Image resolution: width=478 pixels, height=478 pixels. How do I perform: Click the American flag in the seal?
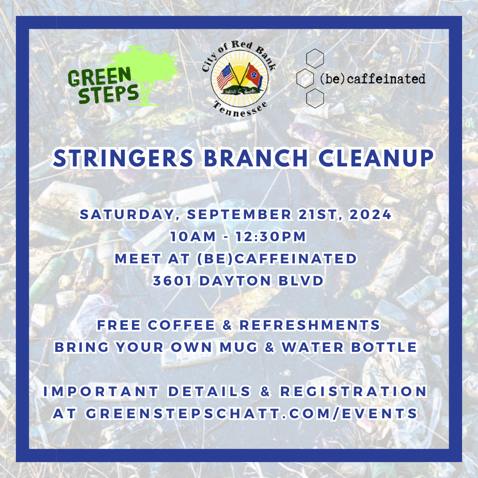225,76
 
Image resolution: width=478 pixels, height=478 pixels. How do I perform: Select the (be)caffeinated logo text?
372,79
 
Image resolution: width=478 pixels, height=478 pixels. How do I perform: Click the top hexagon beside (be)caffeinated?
315,59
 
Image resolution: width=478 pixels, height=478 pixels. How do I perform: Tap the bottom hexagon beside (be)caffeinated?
315,98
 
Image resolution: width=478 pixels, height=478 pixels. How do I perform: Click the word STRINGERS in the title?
123,158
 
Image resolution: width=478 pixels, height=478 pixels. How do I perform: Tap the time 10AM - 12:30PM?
238,237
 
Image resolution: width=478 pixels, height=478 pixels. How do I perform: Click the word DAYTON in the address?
236,281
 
